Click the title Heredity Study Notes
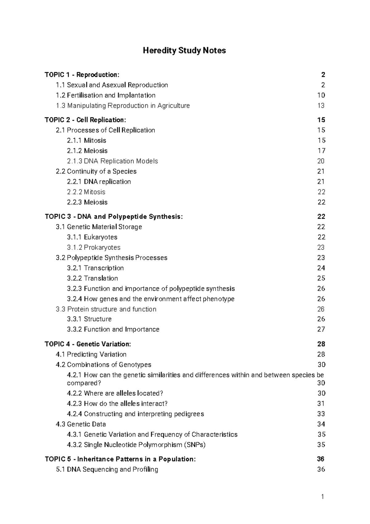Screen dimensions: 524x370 (x=184, y=51)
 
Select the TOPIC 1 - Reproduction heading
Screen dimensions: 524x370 (x=82, y=75)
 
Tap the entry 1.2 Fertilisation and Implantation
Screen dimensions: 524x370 (x=105, y=95)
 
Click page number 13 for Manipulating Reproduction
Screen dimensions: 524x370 (x=321, y=106)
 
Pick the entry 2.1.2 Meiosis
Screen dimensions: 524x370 (x=87, y=151)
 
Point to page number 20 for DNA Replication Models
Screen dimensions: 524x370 (x=321, y=161)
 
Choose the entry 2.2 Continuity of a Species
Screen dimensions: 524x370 (x=96, y=171)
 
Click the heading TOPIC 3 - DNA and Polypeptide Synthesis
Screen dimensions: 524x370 (x=113, y=217)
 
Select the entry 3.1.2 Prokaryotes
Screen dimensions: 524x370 (x=94, y=248)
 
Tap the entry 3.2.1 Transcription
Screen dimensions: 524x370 (x=95, y=268)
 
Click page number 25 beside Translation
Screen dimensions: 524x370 (x=321, y=278)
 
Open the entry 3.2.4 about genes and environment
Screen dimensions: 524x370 (x=150, y=299)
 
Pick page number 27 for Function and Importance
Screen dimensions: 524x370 (x=321, y=329)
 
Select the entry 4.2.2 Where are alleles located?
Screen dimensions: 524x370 (x=115, y=393)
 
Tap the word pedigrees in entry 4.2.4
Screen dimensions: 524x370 (x=189, y=414)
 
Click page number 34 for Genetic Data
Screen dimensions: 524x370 (x=321, y=424)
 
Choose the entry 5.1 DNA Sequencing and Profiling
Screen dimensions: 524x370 (x=107, y=470)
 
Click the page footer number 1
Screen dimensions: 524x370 (x=322, y=497)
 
